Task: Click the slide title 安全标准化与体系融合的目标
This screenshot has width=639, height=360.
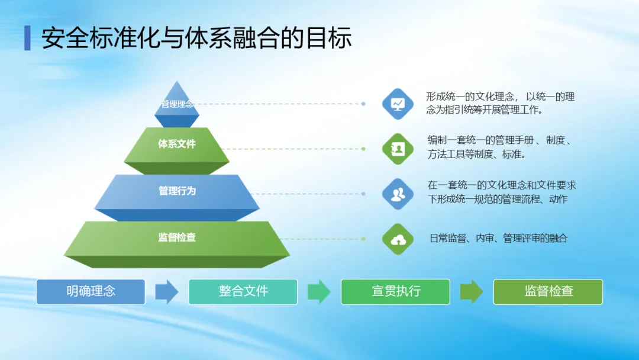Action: pyautogui.click(x=196, y=38)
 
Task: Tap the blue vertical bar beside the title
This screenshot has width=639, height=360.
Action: pyautogui.click(x=27, y=38)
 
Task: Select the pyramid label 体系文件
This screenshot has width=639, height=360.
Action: pyautogui.click(x=177, y=144)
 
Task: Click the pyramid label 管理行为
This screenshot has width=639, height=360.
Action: pyautogui.click(x=177, y=191)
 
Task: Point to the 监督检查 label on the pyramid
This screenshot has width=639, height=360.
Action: pyautogui.click(x=177, y=237)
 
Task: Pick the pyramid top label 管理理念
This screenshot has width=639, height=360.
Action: pyautogui.click(x=177, y=104)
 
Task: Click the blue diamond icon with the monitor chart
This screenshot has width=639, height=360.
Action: pyautogui.click(x=398, y=104)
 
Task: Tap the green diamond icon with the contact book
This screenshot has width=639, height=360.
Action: pyautogui.click(x=398, y=149)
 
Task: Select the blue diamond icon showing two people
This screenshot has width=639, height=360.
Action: pyautogui.click(x=398, y=194)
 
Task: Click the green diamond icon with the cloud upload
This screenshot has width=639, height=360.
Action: pyautogui.click(x=398, y=239)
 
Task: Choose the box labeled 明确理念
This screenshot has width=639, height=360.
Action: pyautogui.click(x=91, y=291)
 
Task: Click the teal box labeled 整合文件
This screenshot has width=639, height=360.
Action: pyautogui.click(x=243, y=291)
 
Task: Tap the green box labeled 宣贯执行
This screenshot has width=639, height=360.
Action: pyautogui.click(x=395, y=291)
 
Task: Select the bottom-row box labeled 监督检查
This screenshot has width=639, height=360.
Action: pyautogui.click(x=548, y=291)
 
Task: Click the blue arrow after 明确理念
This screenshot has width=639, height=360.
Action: pyautogui.click(x=167, y=291)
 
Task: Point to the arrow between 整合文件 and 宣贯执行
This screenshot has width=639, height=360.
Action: pyautogui.click(x=319, y=291)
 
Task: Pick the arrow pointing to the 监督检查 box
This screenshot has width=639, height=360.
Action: pyautogui.click(x=472, y=291)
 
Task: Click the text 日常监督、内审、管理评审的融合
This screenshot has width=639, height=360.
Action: pyautogui.click(x=498, y=238)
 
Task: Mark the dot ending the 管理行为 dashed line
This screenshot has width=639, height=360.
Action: pyautogui.click(x=363, y=194)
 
